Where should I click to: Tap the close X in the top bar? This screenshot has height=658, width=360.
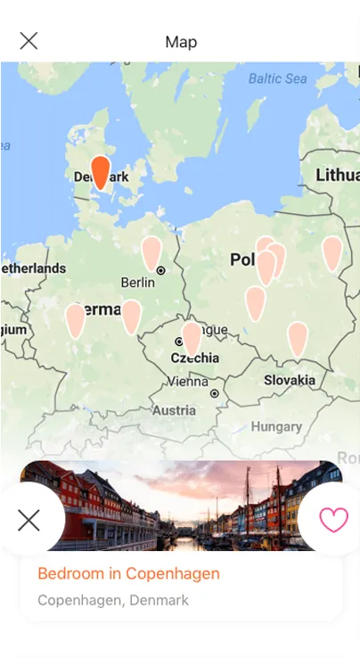pyautogui.click(x=29, y=41)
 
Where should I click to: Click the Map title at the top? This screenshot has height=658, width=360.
pyautogui.click(x=181, y=42)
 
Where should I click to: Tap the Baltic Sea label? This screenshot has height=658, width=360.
pyautogui.click(x=277, y=78)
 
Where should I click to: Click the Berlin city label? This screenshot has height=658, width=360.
pyautogui.click(x=137, y=283)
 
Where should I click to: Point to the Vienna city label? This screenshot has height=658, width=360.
pyautogui.click(x=188, y=382)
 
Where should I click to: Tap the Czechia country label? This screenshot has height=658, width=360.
pyautogui.click(x=195, y=358)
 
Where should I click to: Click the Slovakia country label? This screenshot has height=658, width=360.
pyautogui.click(x=290, y=380)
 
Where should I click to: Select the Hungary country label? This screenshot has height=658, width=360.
pyautogui.click(x=276, y=427)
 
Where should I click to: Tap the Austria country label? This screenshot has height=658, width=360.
pyautogui.click(x=174, y=411)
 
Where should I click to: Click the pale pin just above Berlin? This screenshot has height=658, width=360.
pyautogui.click(x=151, y=253)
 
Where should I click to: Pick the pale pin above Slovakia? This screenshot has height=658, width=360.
pyautogui.click(x=297, y=339)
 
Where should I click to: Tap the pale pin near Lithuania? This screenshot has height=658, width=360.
pyautogui.click(x=331, y=253)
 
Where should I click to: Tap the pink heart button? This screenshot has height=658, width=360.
pyautogui.click(x=333, y=520)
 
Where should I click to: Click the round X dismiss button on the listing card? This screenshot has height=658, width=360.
pyautogui.click(x=29, y=520)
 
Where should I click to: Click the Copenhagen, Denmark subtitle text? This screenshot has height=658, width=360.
pyautogui.click(x=113, y=600)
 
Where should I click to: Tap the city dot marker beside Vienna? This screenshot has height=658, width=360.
pyautogui.click(x=215, y=392)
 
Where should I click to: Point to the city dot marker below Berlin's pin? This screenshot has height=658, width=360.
pyautogui.click(x=161, y=270)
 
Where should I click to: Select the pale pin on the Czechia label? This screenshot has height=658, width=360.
pyautogui.click(x=192, y=339)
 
